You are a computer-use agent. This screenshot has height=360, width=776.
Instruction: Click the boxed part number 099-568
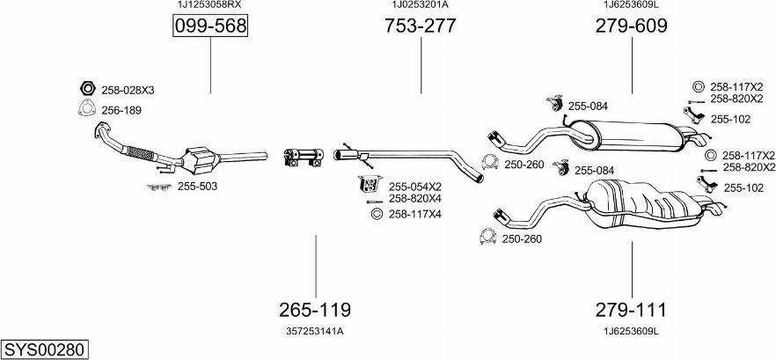click(x=209, y=28)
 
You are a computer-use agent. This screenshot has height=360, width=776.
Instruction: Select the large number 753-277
click(x=420, y=27)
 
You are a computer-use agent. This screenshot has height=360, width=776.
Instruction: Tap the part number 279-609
click(x=631, y=27)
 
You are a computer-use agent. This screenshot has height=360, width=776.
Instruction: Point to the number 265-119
click(x=315, y=310)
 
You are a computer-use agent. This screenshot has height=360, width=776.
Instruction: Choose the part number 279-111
click(x=631, y=310)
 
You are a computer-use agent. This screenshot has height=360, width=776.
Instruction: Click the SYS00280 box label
click(x=45, y=349)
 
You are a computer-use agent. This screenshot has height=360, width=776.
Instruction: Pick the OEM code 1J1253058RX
click(x=209, y=5)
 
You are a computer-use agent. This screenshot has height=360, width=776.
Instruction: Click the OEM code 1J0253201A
click(x=420, y=5)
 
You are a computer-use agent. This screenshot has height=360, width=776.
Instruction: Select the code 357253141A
click(x=315, y=331)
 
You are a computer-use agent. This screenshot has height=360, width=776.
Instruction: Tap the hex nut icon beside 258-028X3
click(x=87, y=89)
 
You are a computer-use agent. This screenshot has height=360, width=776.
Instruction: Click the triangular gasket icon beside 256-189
click(x=87, y=109)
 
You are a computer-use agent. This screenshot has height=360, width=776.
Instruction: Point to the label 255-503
click(x=197, y=187)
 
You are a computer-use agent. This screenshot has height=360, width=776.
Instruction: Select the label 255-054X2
click(x=414, y=187)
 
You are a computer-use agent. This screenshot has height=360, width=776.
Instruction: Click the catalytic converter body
click(x=202, y=160)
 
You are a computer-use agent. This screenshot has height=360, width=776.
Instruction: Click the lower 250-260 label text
click(x=522, y=239)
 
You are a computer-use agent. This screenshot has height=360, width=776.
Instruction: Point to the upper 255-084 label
click(x=588, y=107)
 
